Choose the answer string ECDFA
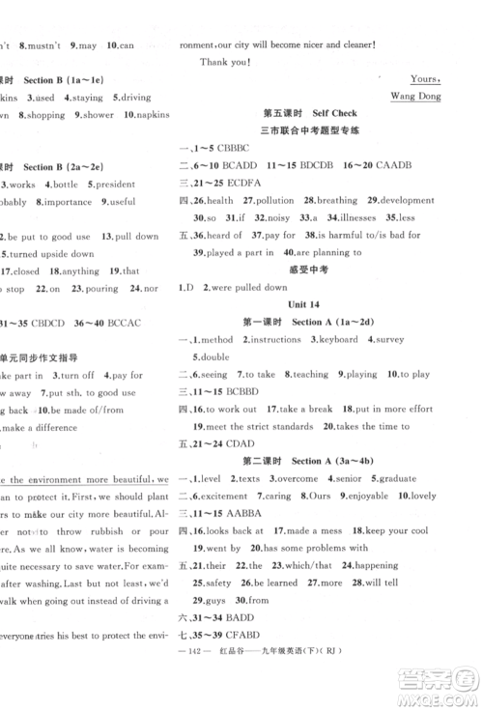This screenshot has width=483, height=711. tap(240, 183)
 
